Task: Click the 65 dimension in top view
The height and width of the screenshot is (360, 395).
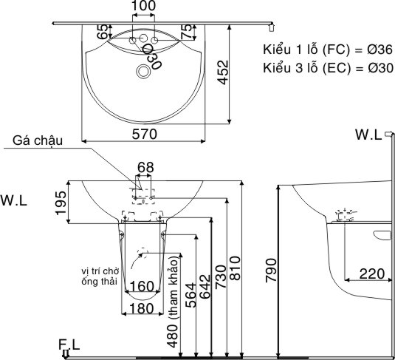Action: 103,33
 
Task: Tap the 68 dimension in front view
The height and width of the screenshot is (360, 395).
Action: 145,168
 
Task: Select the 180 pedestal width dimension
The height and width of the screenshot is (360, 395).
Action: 142,308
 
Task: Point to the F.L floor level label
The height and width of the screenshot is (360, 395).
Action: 71,344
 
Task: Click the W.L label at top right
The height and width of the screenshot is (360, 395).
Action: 367,135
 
